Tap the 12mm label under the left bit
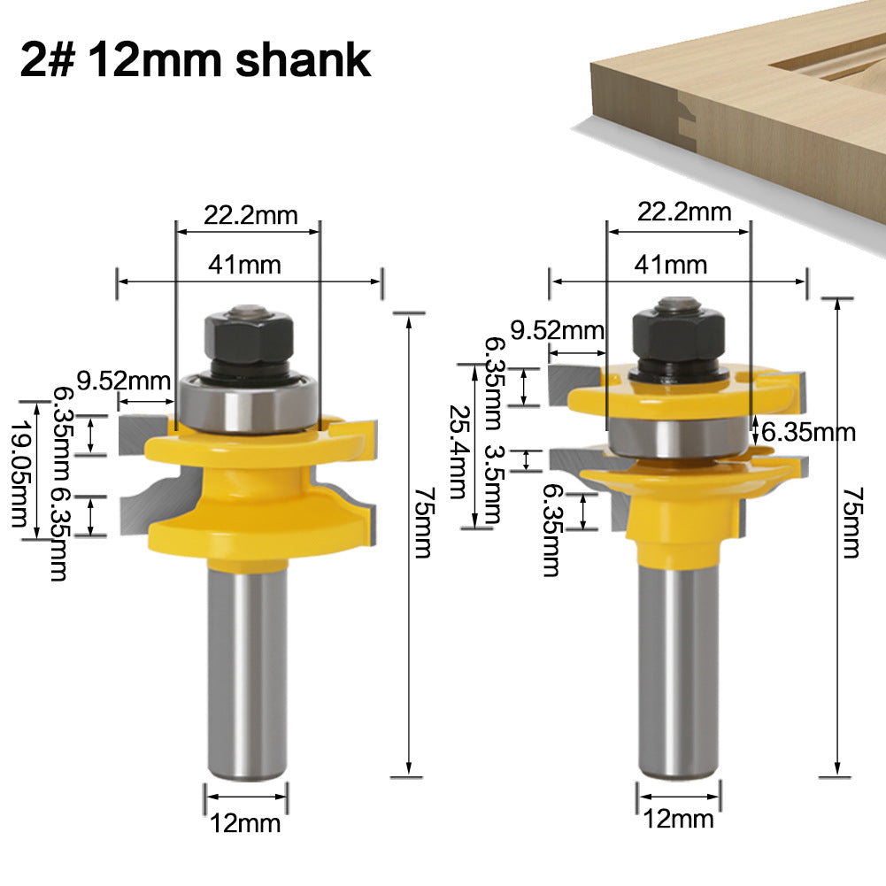(245, 823)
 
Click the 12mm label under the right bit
(678, 819)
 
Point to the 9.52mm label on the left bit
(123, 381)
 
